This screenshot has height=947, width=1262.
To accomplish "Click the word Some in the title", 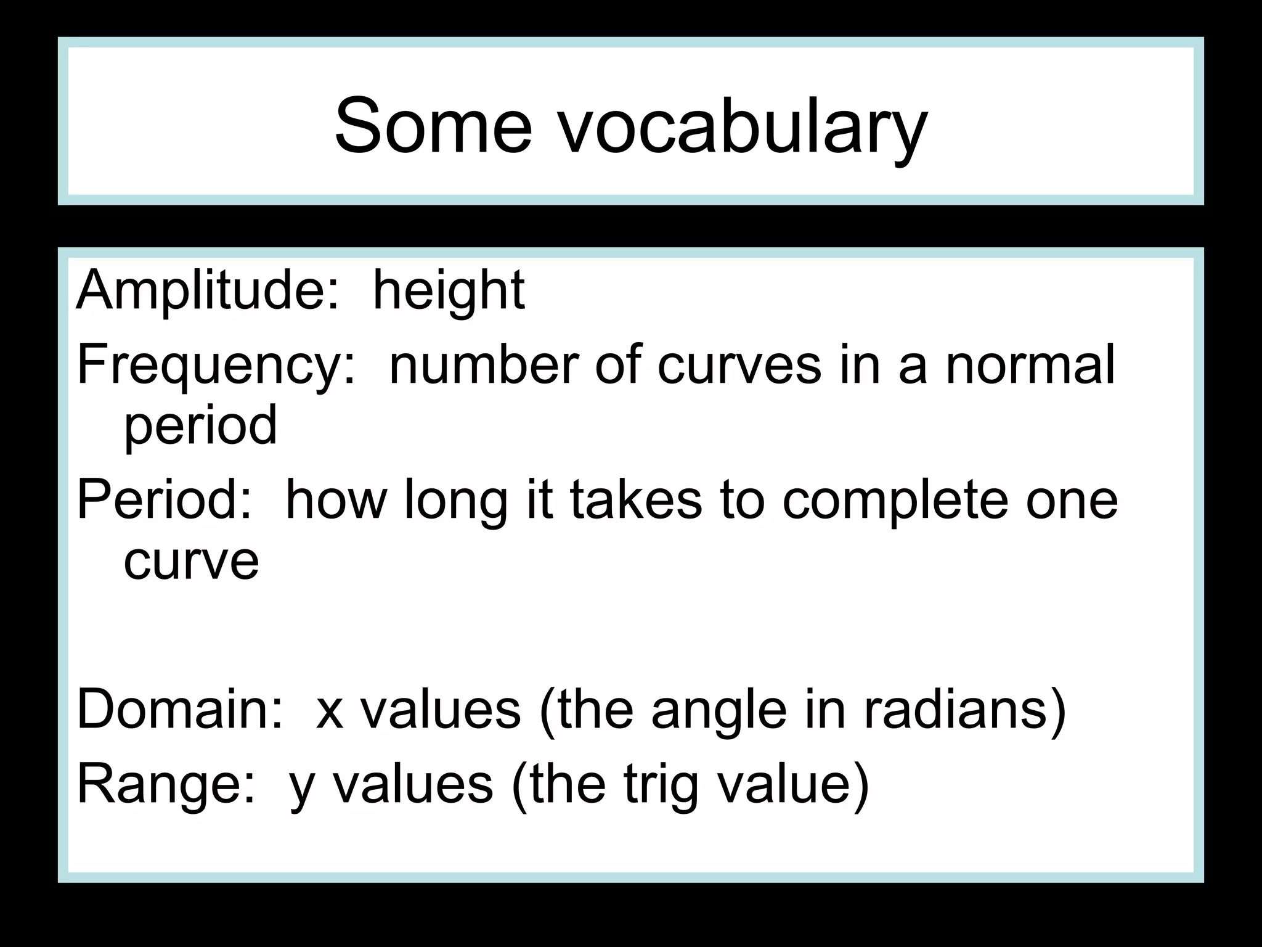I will click(x=433, y=126).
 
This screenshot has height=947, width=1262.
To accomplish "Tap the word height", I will click(x=449, y=291).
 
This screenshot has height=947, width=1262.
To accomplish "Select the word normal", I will click(x=1030, y=365).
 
